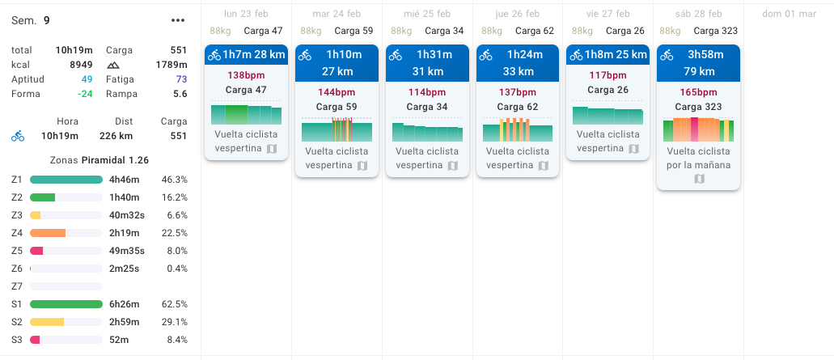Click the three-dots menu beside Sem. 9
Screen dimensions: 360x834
(179, 20)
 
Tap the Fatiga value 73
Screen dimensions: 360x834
(181, 79)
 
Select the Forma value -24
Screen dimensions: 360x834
(85, 94)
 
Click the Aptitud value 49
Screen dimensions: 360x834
(87, 79)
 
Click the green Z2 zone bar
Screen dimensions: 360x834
(43, 197)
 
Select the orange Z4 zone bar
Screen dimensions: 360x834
(48, 233)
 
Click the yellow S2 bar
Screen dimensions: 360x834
(47, 322)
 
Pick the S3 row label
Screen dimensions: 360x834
(17, 340)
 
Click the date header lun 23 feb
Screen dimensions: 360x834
(246, 15)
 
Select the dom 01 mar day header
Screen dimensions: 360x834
(789, 15)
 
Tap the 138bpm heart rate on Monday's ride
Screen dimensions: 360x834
(246, 74)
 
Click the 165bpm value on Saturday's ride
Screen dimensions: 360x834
(698, 92)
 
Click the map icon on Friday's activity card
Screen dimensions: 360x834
(634, 149)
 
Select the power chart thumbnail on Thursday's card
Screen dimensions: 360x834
(517, 130)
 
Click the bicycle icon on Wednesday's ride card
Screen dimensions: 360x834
(396, 55)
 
